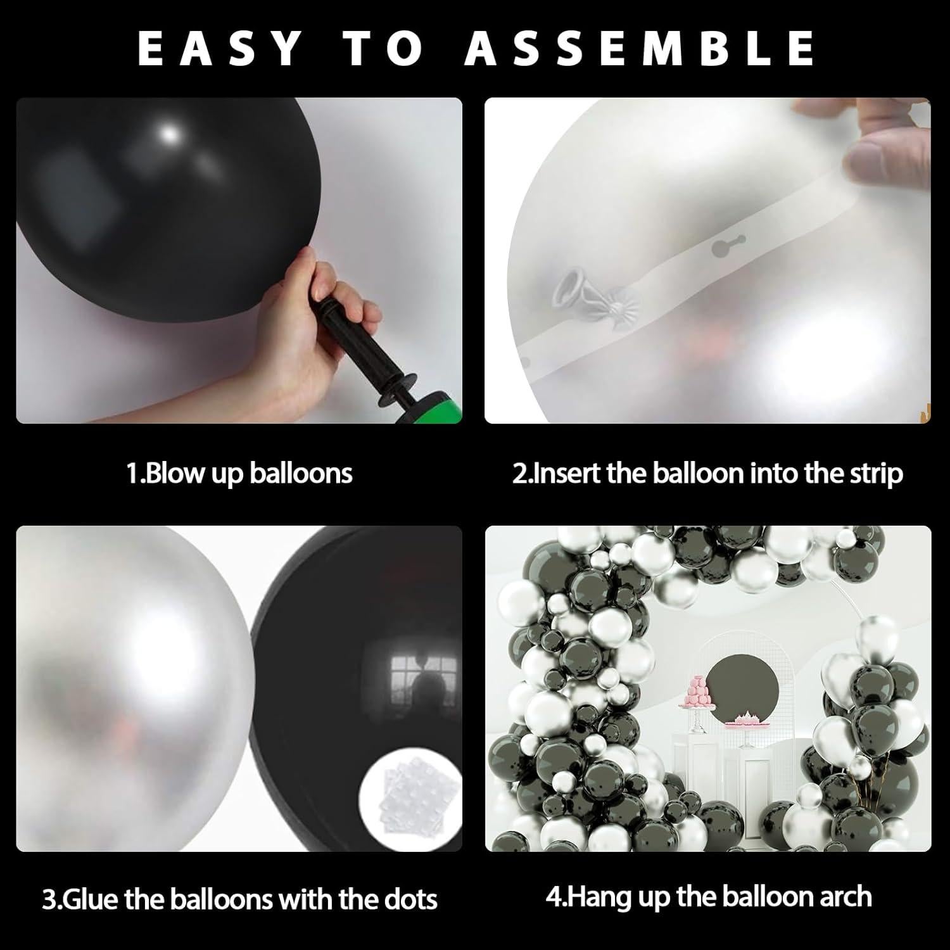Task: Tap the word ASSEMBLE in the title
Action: click(640, 47)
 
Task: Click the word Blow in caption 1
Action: click(175, 474)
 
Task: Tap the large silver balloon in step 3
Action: click(127, 684)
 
